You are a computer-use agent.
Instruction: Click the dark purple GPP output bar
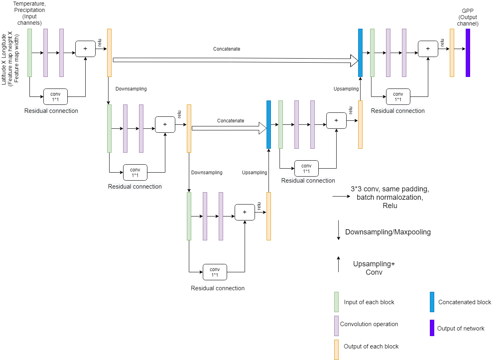(x=468, y=53)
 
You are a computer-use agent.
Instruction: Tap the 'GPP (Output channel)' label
(x=467, y=18)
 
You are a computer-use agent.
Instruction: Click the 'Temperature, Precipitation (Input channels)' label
(x=29, y=14)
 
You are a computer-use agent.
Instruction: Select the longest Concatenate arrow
(x=235, y=60)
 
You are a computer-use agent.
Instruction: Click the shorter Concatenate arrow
(x=229, y=128)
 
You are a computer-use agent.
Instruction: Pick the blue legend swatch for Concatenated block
(x=432, y=302)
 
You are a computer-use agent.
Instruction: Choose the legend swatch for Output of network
(x=432, y=328)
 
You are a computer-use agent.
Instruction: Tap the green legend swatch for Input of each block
(x=336, y=302)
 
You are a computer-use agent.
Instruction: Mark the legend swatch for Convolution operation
(x=336, y=326)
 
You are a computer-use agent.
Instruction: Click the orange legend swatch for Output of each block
(x=336, y=349)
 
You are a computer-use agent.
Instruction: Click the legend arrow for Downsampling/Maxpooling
(x=338, y=230)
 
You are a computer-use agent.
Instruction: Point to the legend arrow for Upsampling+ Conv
(x=338, y=264)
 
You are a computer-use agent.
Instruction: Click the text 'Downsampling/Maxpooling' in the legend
(x=388, y=232)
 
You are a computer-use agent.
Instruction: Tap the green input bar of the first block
(x=29, y=53)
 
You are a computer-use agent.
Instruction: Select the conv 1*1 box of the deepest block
(x=215, y=272)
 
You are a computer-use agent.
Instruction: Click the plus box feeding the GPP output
(x=428, y=49)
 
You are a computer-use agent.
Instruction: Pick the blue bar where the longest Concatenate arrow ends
(x=360, y=53)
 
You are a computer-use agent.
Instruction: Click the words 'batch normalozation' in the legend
(x=387, y=197)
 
